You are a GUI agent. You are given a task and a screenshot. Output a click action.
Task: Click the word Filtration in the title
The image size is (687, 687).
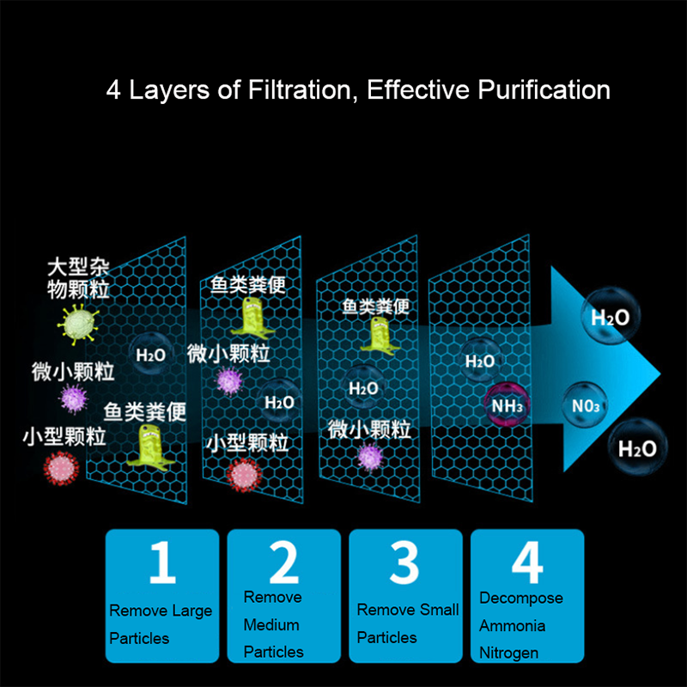(x=300, y=90)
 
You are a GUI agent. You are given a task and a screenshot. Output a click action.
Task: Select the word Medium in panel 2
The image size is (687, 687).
(x=271, y=624)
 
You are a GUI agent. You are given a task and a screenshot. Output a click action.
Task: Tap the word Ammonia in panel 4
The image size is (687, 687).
(x=512, y=625)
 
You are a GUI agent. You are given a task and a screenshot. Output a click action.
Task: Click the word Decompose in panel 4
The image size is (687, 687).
(x=521, y=599)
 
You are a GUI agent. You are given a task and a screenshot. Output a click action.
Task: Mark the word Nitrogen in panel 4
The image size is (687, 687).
(x=509, y=653)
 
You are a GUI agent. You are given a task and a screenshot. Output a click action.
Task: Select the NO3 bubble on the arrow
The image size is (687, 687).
(x=586, y=405)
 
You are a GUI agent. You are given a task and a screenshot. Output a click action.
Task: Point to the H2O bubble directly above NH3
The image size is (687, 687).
(x=480, y=362)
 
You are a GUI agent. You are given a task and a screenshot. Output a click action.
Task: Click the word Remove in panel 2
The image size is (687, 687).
(x=272, y=597)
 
